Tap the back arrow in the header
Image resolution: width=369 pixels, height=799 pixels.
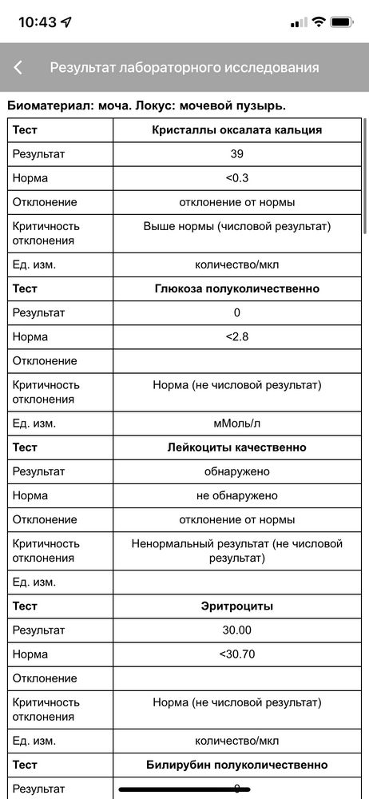[x=18, y=68]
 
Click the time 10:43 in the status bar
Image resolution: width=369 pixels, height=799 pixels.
[x=38, y=22]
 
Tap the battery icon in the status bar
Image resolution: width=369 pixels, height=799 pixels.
[x=343, y=22]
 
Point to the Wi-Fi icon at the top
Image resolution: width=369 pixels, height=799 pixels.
[x=319, y=22]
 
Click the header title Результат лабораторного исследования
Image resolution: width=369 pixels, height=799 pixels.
[x=184, y=68]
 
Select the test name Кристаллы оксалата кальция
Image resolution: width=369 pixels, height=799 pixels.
[x=237, y=129]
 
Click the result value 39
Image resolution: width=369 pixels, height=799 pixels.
[x=236, y=153]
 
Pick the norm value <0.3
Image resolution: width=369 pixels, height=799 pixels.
[x=236, y=177]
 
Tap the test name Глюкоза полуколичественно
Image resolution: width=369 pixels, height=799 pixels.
[x=237, y=288]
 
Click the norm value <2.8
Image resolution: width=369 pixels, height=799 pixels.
[x=236, y=336]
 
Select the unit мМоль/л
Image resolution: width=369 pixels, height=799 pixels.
[x=236, y=423]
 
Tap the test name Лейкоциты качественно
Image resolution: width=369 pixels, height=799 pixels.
[x=237, y=447]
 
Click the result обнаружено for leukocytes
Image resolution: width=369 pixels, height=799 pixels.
[x=236, y=471]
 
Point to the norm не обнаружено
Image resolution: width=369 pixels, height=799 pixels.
[x=236, y=495]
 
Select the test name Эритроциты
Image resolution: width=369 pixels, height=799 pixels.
[x=237, y=606]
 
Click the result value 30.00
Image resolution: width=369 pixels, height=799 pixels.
[x=236, y=630]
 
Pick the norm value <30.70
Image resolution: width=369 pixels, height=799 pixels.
[x=236, y=654]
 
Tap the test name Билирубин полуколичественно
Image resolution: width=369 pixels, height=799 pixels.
[x=237, y=765]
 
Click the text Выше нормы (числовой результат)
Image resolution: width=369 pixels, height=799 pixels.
[x=236, y=226]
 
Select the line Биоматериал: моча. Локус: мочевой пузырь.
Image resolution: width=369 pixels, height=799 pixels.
[x=146, y=105]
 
